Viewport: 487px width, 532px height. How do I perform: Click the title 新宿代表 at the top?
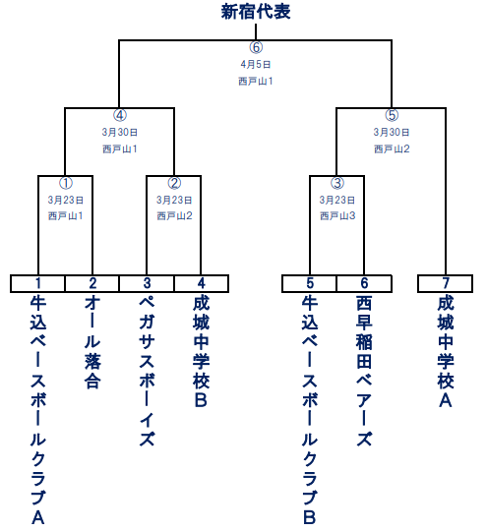click(x=256, y=12)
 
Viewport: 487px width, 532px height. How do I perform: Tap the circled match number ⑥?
click(x=256, y=47)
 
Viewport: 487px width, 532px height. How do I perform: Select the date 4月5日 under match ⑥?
click(x=256, y=64)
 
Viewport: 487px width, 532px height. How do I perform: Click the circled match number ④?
click(x=119, y=115)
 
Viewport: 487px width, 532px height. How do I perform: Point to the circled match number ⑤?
click(x=392, y=115)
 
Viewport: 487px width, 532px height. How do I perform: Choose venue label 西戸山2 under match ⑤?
click(x=392, y=148)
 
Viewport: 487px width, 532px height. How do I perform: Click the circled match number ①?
click(x=66, y=183)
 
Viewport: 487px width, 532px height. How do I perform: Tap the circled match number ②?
click(x=174, y=183)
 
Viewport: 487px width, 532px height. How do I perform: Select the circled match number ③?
click(x=337, y=183)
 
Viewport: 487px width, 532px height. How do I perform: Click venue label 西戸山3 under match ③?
click(x=337, y=215)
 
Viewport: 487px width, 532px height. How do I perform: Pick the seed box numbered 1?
click(x=37, y=283)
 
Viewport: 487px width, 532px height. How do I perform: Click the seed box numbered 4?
click(x=202, y=283)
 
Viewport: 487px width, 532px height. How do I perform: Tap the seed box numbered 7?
click(x=446, y=283)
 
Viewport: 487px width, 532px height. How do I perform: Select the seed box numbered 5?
click(x=310, y=283)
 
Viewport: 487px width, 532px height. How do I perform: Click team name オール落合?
click(x=92, y=342)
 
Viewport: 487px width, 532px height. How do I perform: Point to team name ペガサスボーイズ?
click(x=147, y=371)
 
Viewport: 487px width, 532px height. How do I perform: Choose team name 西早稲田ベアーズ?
click(x=364, y=371)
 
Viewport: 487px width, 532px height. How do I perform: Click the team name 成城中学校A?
click(x=446, y=351)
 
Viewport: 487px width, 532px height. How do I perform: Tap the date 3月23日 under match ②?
click(x=174, y=200)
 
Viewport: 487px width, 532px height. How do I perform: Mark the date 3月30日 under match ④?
click(x=119, y=132)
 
